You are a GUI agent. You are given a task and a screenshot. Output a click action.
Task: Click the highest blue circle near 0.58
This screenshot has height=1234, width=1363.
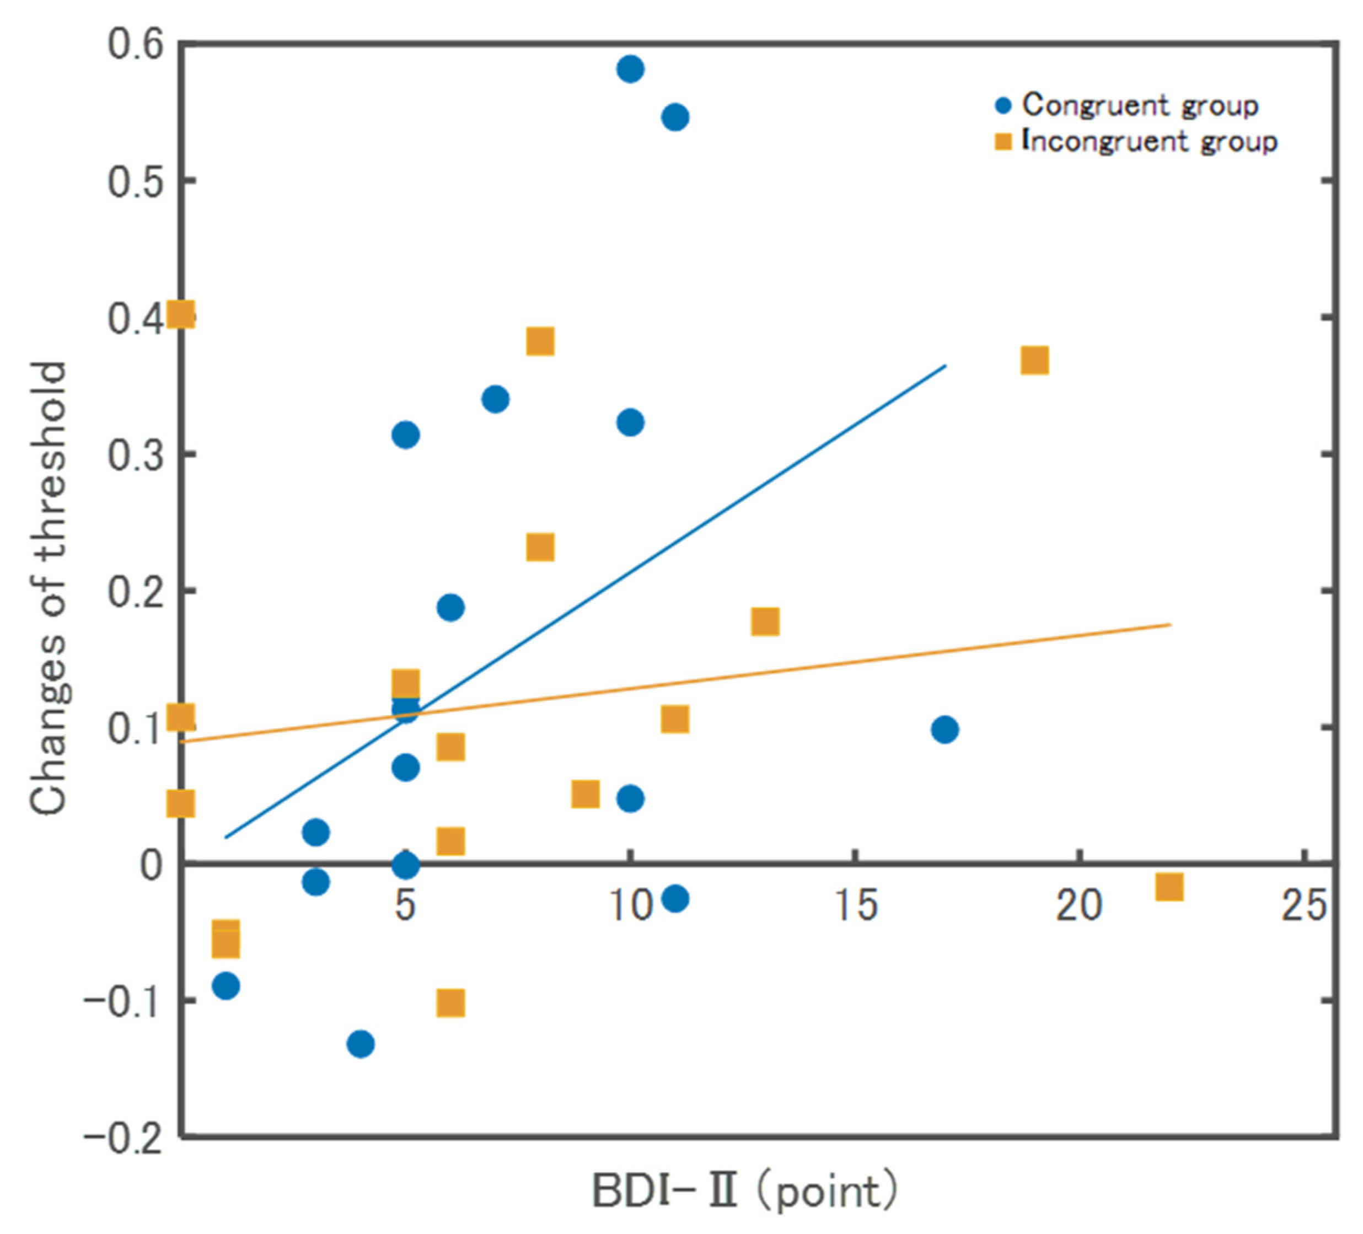point(630,69)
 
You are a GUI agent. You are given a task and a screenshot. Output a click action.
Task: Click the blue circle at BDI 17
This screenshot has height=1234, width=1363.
point(945,729)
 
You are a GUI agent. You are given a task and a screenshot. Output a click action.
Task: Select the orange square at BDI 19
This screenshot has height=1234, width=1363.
point(1034,361)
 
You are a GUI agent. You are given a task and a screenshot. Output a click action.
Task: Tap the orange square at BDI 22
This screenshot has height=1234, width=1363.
point(1169,887)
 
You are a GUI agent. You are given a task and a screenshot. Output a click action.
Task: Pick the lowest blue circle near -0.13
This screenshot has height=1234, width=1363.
point(361,1044)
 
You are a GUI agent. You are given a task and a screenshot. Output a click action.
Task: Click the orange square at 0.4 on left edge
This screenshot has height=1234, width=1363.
point(182,315)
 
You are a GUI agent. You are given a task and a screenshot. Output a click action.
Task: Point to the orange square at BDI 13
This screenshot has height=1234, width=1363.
point(765,621)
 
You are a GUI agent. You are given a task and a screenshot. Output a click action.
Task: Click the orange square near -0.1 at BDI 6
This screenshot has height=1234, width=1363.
point(450,1004)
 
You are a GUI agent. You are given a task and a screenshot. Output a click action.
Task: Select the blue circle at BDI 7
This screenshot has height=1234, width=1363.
point(496,400)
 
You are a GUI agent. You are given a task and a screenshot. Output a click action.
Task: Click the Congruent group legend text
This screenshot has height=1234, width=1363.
point(1140,105)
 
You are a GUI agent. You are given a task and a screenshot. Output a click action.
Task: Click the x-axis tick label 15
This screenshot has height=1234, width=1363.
point(856,906)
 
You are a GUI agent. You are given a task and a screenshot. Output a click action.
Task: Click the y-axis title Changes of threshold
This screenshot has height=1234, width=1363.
point(49,588)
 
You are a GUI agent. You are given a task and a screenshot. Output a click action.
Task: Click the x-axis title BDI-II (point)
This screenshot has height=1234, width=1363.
point(744,1192)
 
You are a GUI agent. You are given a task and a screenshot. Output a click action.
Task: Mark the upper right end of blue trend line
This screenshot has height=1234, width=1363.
point(945,365)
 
